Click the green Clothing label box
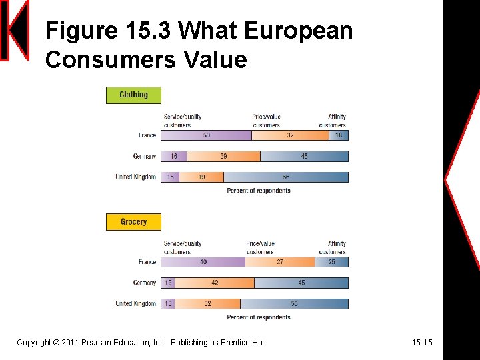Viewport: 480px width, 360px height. [133, 95]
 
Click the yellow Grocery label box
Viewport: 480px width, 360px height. [133, 221]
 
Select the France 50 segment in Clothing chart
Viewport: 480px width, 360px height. [206, 135]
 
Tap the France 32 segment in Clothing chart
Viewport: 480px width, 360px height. [290, 135]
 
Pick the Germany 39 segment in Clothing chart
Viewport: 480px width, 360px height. [223, 156]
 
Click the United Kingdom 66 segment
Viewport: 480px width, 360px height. [285, 177]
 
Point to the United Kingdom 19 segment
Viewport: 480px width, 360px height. [201, 177]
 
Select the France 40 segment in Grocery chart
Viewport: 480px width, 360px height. [203, 262]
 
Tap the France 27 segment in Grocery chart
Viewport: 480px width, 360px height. [280, 262]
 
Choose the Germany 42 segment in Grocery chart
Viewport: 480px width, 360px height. [215, 283]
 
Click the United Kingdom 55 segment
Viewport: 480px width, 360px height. [294, 303]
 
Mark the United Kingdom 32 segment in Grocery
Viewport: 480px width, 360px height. [207, 303]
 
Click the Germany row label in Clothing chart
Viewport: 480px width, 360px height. [145, 156]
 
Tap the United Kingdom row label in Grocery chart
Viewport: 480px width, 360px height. [135, 303]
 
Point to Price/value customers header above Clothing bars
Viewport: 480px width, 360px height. [267, 121]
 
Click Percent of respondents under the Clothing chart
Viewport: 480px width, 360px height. [259, 191]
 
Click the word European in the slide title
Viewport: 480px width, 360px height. [298, 31]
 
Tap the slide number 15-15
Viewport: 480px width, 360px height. [422, 343]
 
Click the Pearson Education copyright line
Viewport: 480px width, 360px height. [141, 343]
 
